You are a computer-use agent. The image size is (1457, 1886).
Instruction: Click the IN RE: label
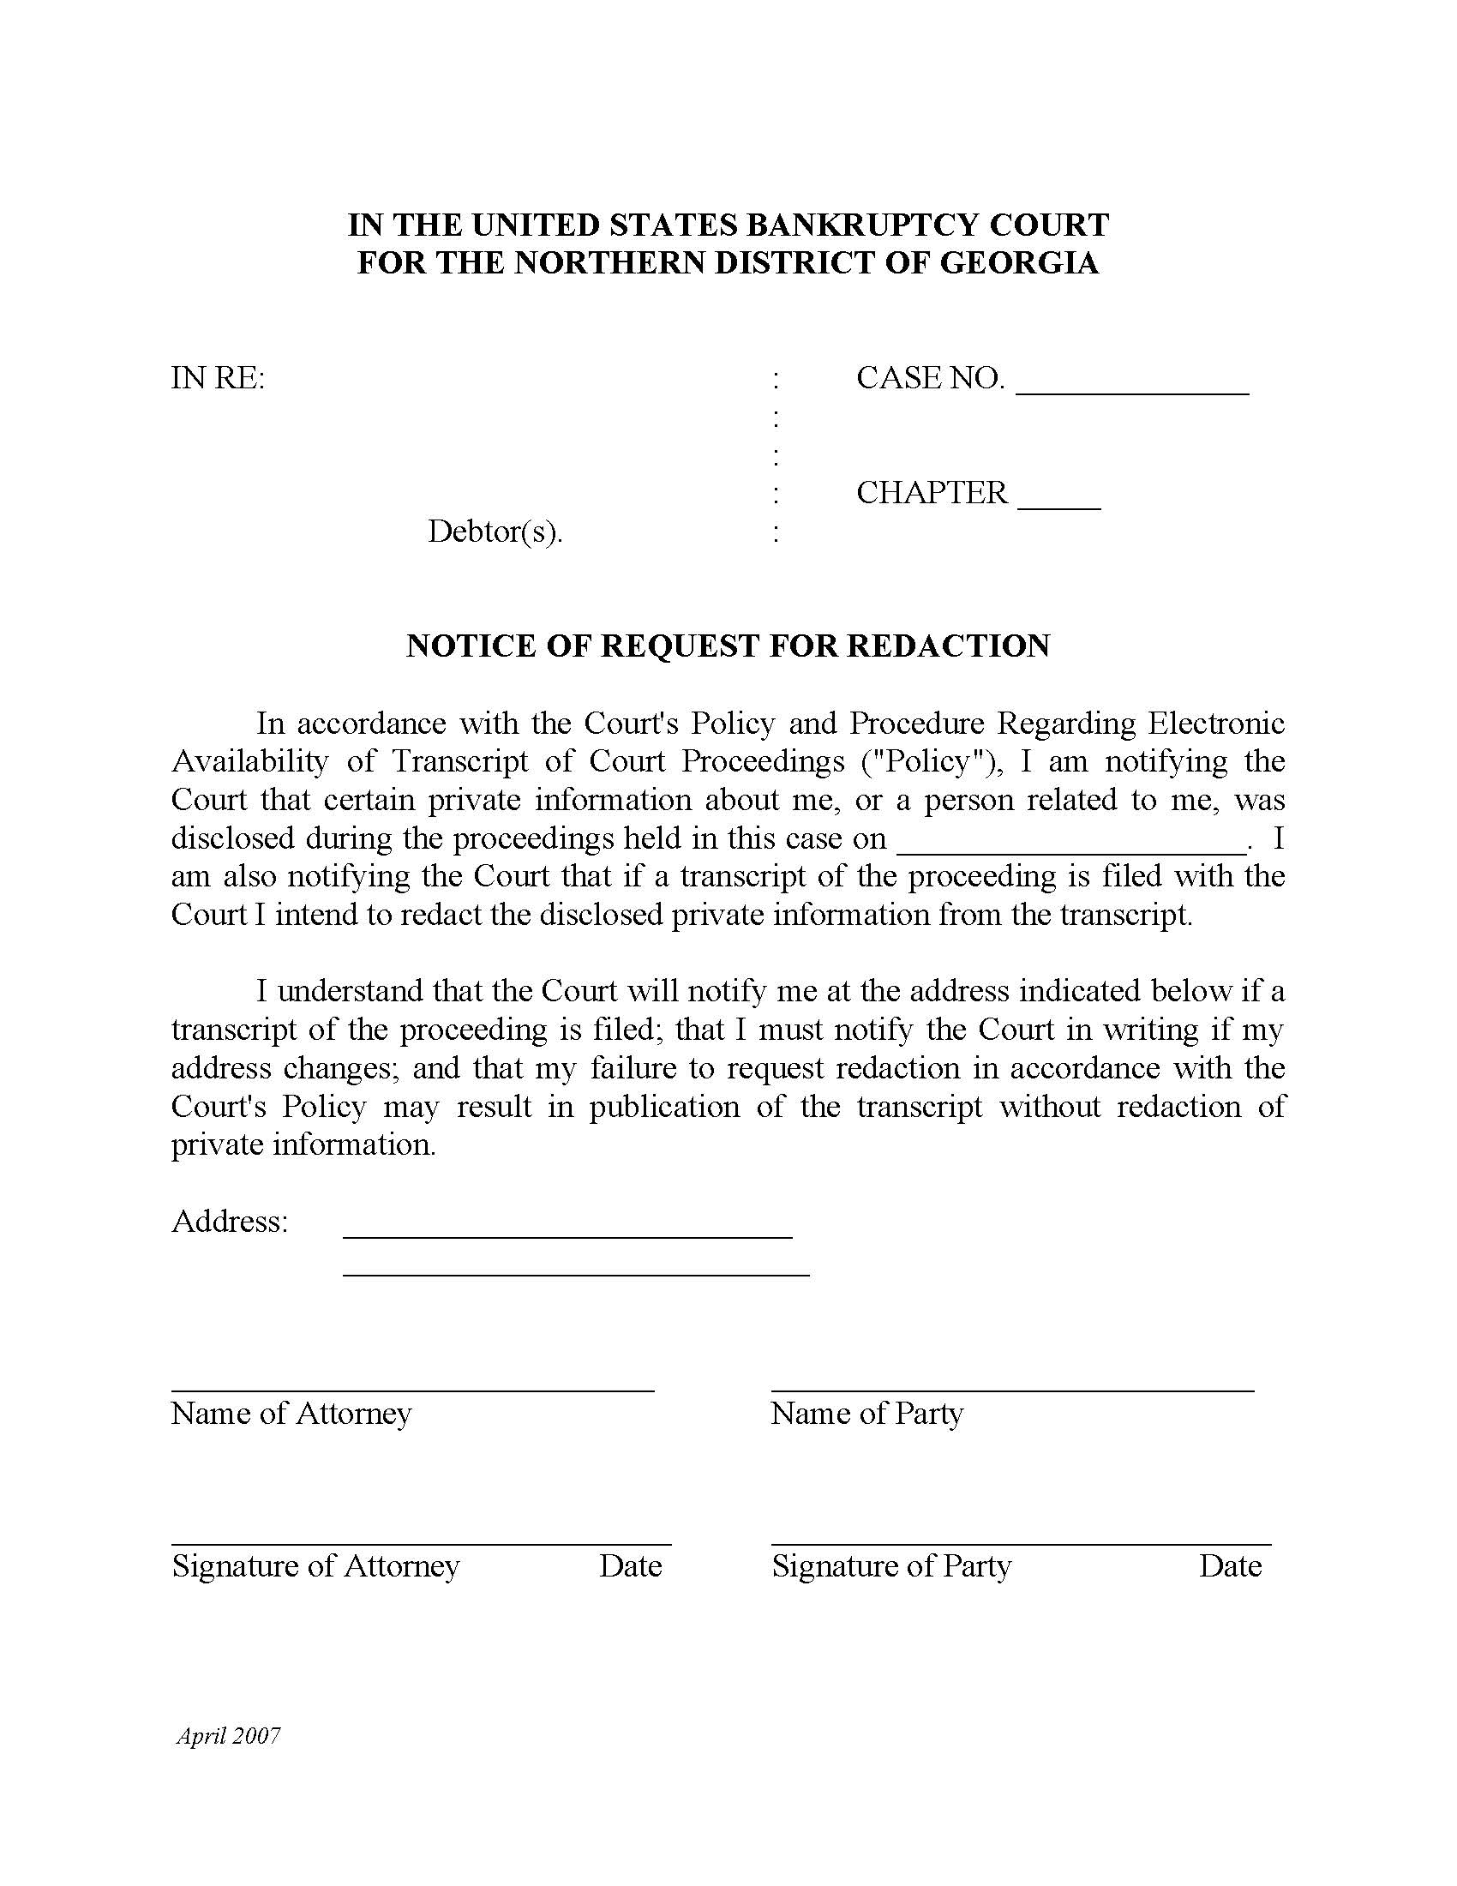pyautogui.click(x=218, y=378)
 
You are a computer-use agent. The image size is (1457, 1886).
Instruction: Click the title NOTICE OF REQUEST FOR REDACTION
pyautogui.click(x=728, y=646)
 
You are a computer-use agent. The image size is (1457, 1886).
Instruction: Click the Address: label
pyautogui.click(x=230, y=1221)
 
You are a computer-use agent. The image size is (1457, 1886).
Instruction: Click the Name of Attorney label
pyautogui.click(x=291, y=1414)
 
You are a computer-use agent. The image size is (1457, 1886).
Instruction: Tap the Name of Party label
pyautogui.click(x=866, y=1414)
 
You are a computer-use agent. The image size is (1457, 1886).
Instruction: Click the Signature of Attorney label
pyautogui.click(x=315, y=1566)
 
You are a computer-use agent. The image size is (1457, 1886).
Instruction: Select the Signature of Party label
pyautogui.click(x=890, y=1566)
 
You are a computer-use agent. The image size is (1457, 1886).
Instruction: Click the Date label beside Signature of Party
pyautogui.click(x=1230, y=1566)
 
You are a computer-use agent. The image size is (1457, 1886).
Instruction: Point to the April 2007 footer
pyautogui.click(x=229, y=1736)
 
